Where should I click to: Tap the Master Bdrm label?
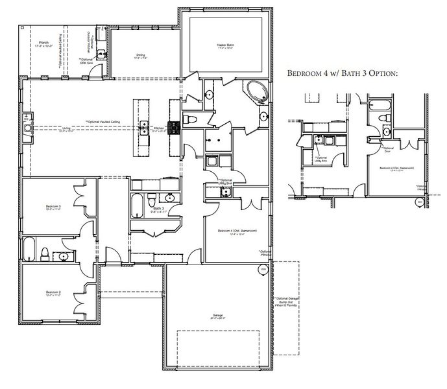(225, 45)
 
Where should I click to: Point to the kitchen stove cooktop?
(174, 128)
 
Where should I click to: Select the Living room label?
(66, 129)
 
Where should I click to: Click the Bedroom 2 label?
(53, 293)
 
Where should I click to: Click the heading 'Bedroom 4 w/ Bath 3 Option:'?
(342, 74)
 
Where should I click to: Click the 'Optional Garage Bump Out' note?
(279, 304)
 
